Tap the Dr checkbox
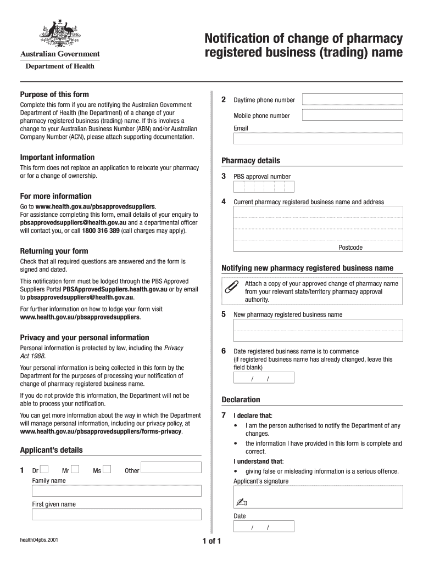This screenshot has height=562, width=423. (x=44, y=469)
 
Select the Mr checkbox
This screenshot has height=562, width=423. (x=75, y=469)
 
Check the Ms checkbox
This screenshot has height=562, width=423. (x=107, y=469)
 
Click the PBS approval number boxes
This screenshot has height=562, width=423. (x=260, y=187)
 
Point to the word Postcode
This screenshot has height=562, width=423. (x=350, y=248)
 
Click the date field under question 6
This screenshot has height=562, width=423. (x=264, y=378)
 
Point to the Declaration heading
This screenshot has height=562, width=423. (x=241, y=400)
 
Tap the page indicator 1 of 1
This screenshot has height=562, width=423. (x=211, y=542)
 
